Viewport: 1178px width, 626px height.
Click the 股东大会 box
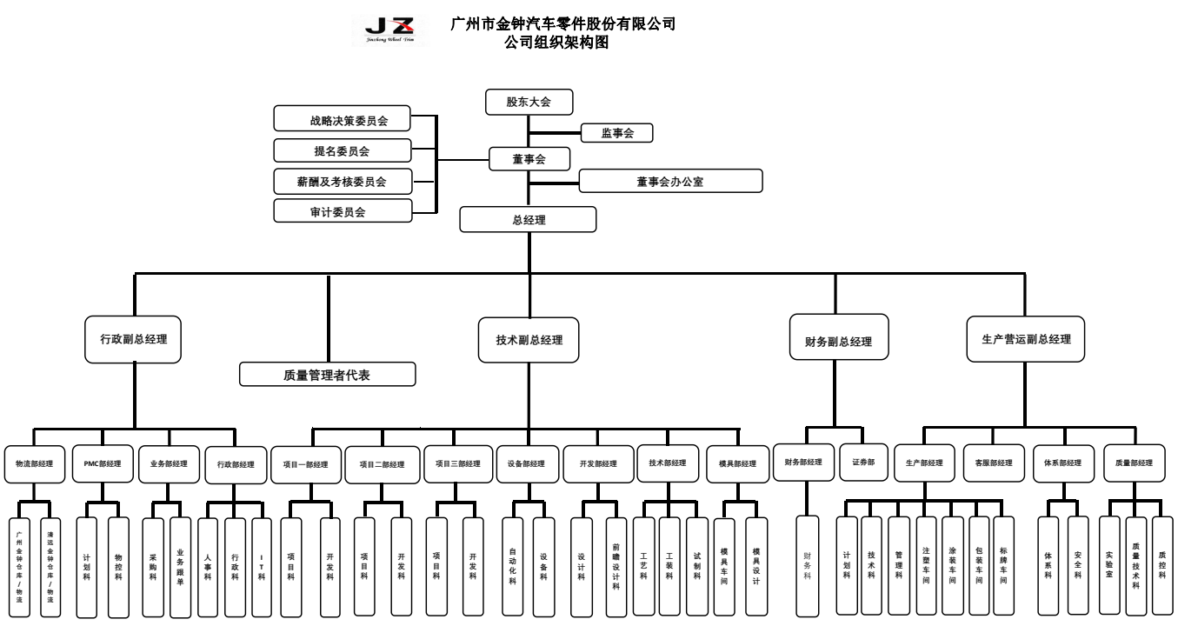[x=529, y=102]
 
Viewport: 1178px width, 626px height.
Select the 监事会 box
[x=616, y=133]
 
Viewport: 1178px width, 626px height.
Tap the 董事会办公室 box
[x=670, y=181]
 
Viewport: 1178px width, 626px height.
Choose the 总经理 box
[x=528, y=220]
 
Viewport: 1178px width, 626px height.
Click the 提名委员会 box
[x=342, y=151]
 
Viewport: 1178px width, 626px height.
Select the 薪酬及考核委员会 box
[x=342, y=182]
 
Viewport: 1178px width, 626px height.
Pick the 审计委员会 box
[x=342, y=211]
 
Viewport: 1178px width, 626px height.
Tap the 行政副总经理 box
[x=134, y=339]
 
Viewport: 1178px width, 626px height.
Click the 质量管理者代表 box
[x=328, y=375]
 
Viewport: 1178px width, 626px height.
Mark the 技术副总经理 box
[x=529, y=339]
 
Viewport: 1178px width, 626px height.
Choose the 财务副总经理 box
[x=839, y=342]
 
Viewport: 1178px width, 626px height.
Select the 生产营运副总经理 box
[x=1025, y=339]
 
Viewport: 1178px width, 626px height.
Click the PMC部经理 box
[x=102, y=463]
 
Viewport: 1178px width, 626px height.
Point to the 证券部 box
[x=863, y=462]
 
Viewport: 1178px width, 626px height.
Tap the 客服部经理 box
[x=994, y=463]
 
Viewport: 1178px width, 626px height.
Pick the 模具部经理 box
[x=738, y=464]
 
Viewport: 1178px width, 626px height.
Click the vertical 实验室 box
[x=1109, y=565]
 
